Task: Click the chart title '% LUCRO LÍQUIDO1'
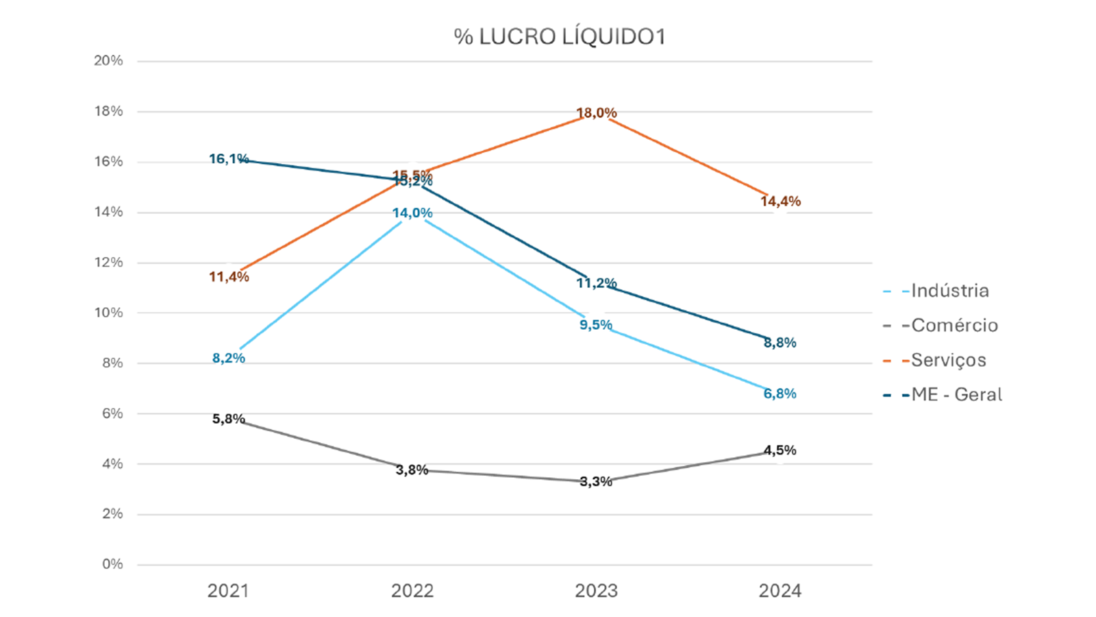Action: point(559,37)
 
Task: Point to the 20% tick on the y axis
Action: point(108,61)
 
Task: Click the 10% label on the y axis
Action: point(108,313)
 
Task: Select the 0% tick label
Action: point(112,564)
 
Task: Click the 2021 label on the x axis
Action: point(228,591)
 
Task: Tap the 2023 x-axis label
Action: point(596,591)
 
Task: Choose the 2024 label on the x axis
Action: point(780,591)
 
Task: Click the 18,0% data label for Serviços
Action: point(596,112)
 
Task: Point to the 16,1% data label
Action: point(229,159)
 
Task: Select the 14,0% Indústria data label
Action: point(412,213)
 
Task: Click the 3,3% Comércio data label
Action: point(596,481)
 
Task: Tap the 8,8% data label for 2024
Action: point(780,343)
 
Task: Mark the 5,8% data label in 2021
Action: point(228,419)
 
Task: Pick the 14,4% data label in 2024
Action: point(780,202)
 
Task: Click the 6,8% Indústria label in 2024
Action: point(780,394)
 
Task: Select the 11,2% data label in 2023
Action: point(596,283)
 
